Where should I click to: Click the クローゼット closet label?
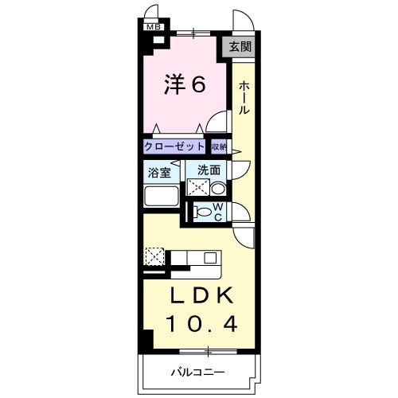[x=175, y=146]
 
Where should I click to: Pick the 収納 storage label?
[x=219, y=146]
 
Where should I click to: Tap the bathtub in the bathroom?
[x=161, y=197]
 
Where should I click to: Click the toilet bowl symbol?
[x=205, y=213]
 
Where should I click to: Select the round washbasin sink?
[x=217, y=189]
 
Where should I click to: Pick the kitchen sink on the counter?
[x=210, y=256]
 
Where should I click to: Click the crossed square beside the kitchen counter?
[x=154, y=256]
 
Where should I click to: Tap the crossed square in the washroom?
[x=197, y=188]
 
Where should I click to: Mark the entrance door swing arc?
[x=241, y=21]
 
